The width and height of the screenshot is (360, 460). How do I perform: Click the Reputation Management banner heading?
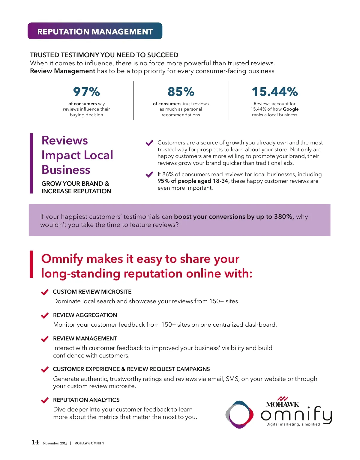tap(95, 31)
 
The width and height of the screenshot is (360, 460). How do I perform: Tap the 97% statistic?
tap(86, 92)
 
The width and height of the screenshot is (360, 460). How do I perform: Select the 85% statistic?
tap(181, 92)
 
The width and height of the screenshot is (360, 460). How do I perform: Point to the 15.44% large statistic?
tap(274, 92)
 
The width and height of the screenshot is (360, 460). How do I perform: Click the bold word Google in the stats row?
tap(290, 109)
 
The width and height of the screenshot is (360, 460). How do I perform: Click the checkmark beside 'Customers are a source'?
tap(149, 143)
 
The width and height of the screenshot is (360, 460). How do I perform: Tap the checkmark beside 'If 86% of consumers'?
tap(149, 174)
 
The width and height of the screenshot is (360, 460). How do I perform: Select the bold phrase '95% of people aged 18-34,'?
tap(193, 181)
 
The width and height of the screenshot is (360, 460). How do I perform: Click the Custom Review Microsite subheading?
tap(92, 292)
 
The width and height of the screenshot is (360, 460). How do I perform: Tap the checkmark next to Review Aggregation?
tap(45, 315)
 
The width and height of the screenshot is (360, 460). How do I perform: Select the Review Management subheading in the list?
tap(85, 338)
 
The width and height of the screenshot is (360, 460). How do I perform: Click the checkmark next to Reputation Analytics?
tap(45, 400)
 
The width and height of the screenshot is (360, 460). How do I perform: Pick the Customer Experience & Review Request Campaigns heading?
tap(131, 369)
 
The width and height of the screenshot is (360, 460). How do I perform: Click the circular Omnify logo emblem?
tap(239, 414)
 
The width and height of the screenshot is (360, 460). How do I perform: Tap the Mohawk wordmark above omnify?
tap(282, 404)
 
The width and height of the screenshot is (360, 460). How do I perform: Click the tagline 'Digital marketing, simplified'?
tap(293, 424)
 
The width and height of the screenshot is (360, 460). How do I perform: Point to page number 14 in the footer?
tap(35, 442)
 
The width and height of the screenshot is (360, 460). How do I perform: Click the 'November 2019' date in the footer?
tap(55, 443)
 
